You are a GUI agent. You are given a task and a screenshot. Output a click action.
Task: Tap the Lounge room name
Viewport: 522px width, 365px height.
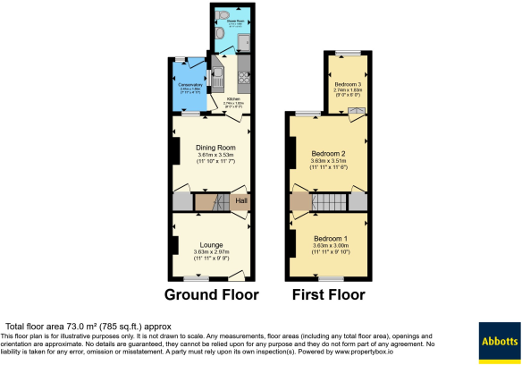pyautogui.click(x=212, y=244)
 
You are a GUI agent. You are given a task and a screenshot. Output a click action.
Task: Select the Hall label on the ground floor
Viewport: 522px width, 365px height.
pyautogui.click(x=241, y=201)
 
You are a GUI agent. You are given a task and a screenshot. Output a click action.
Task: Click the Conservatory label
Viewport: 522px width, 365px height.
pyautogui.click(x=189, y=85)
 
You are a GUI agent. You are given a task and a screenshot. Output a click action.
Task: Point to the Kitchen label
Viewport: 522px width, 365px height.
pyautogui.click(x=233, y=99)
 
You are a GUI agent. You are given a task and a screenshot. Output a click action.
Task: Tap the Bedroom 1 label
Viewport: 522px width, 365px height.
pyautogui.click(x=330, y=238)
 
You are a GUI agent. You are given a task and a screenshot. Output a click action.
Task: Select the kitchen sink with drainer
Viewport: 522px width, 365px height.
pyautogui.click(x=217, y=79)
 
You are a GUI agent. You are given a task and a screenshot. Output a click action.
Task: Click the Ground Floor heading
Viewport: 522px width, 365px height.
pyautogui.click(x=213, y=294)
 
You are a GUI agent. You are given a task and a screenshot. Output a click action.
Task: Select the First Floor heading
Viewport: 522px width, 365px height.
pyautogui.click(x=329, y=294)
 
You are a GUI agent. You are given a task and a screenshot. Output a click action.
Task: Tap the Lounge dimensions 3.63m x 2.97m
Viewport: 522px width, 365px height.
pyautogui.click(x=212, y=251)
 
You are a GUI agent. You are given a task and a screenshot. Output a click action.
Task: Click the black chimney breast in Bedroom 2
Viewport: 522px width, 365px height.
pyautogui.click(x=292, y=151)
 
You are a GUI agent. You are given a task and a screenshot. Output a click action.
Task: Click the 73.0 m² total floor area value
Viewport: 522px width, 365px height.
pyautogui.click(x=73, y=326)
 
